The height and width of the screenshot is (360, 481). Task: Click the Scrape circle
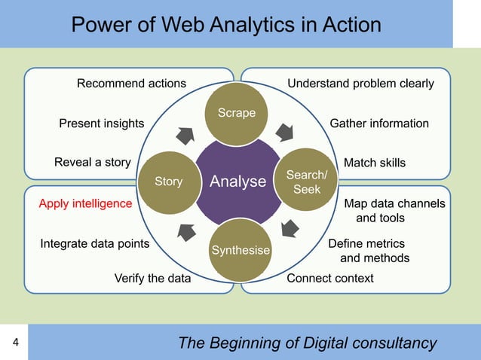click(x=237, y=113)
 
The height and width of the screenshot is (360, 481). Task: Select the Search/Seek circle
click(x=307, y=182)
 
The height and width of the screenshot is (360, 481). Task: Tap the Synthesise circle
click(x=240, y=249)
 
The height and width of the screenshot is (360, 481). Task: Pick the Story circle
click(x=168, y=182)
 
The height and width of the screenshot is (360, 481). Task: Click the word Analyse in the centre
click(x=238, y=182)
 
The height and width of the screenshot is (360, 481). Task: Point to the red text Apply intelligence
click(x=85, y=203)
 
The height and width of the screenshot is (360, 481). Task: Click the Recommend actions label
click(x=131, y=83)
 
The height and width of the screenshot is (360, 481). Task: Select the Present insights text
click(x=102, y=124)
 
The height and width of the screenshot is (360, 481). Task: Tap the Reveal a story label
click(x=93, y=163)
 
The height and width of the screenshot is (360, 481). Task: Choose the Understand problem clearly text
click(x=360, y=83)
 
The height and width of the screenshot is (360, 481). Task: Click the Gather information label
click(x=379, y=124)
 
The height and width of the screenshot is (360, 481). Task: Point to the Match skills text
click(x=374, y=163)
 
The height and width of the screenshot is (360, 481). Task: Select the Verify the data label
click(x=152, y=279)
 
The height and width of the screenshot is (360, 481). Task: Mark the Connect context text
click(x=330, y=279)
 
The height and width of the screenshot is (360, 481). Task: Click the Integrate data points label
click(x=94, y=244)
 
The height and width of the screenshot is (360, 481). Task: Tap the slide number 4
click(x=16, y=343)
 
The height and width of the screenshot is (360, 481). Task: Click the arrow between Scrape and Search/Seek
click(x=284, y=133)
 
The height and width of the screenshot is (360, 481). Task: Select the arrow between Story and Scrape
click(x=185, y=136)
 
